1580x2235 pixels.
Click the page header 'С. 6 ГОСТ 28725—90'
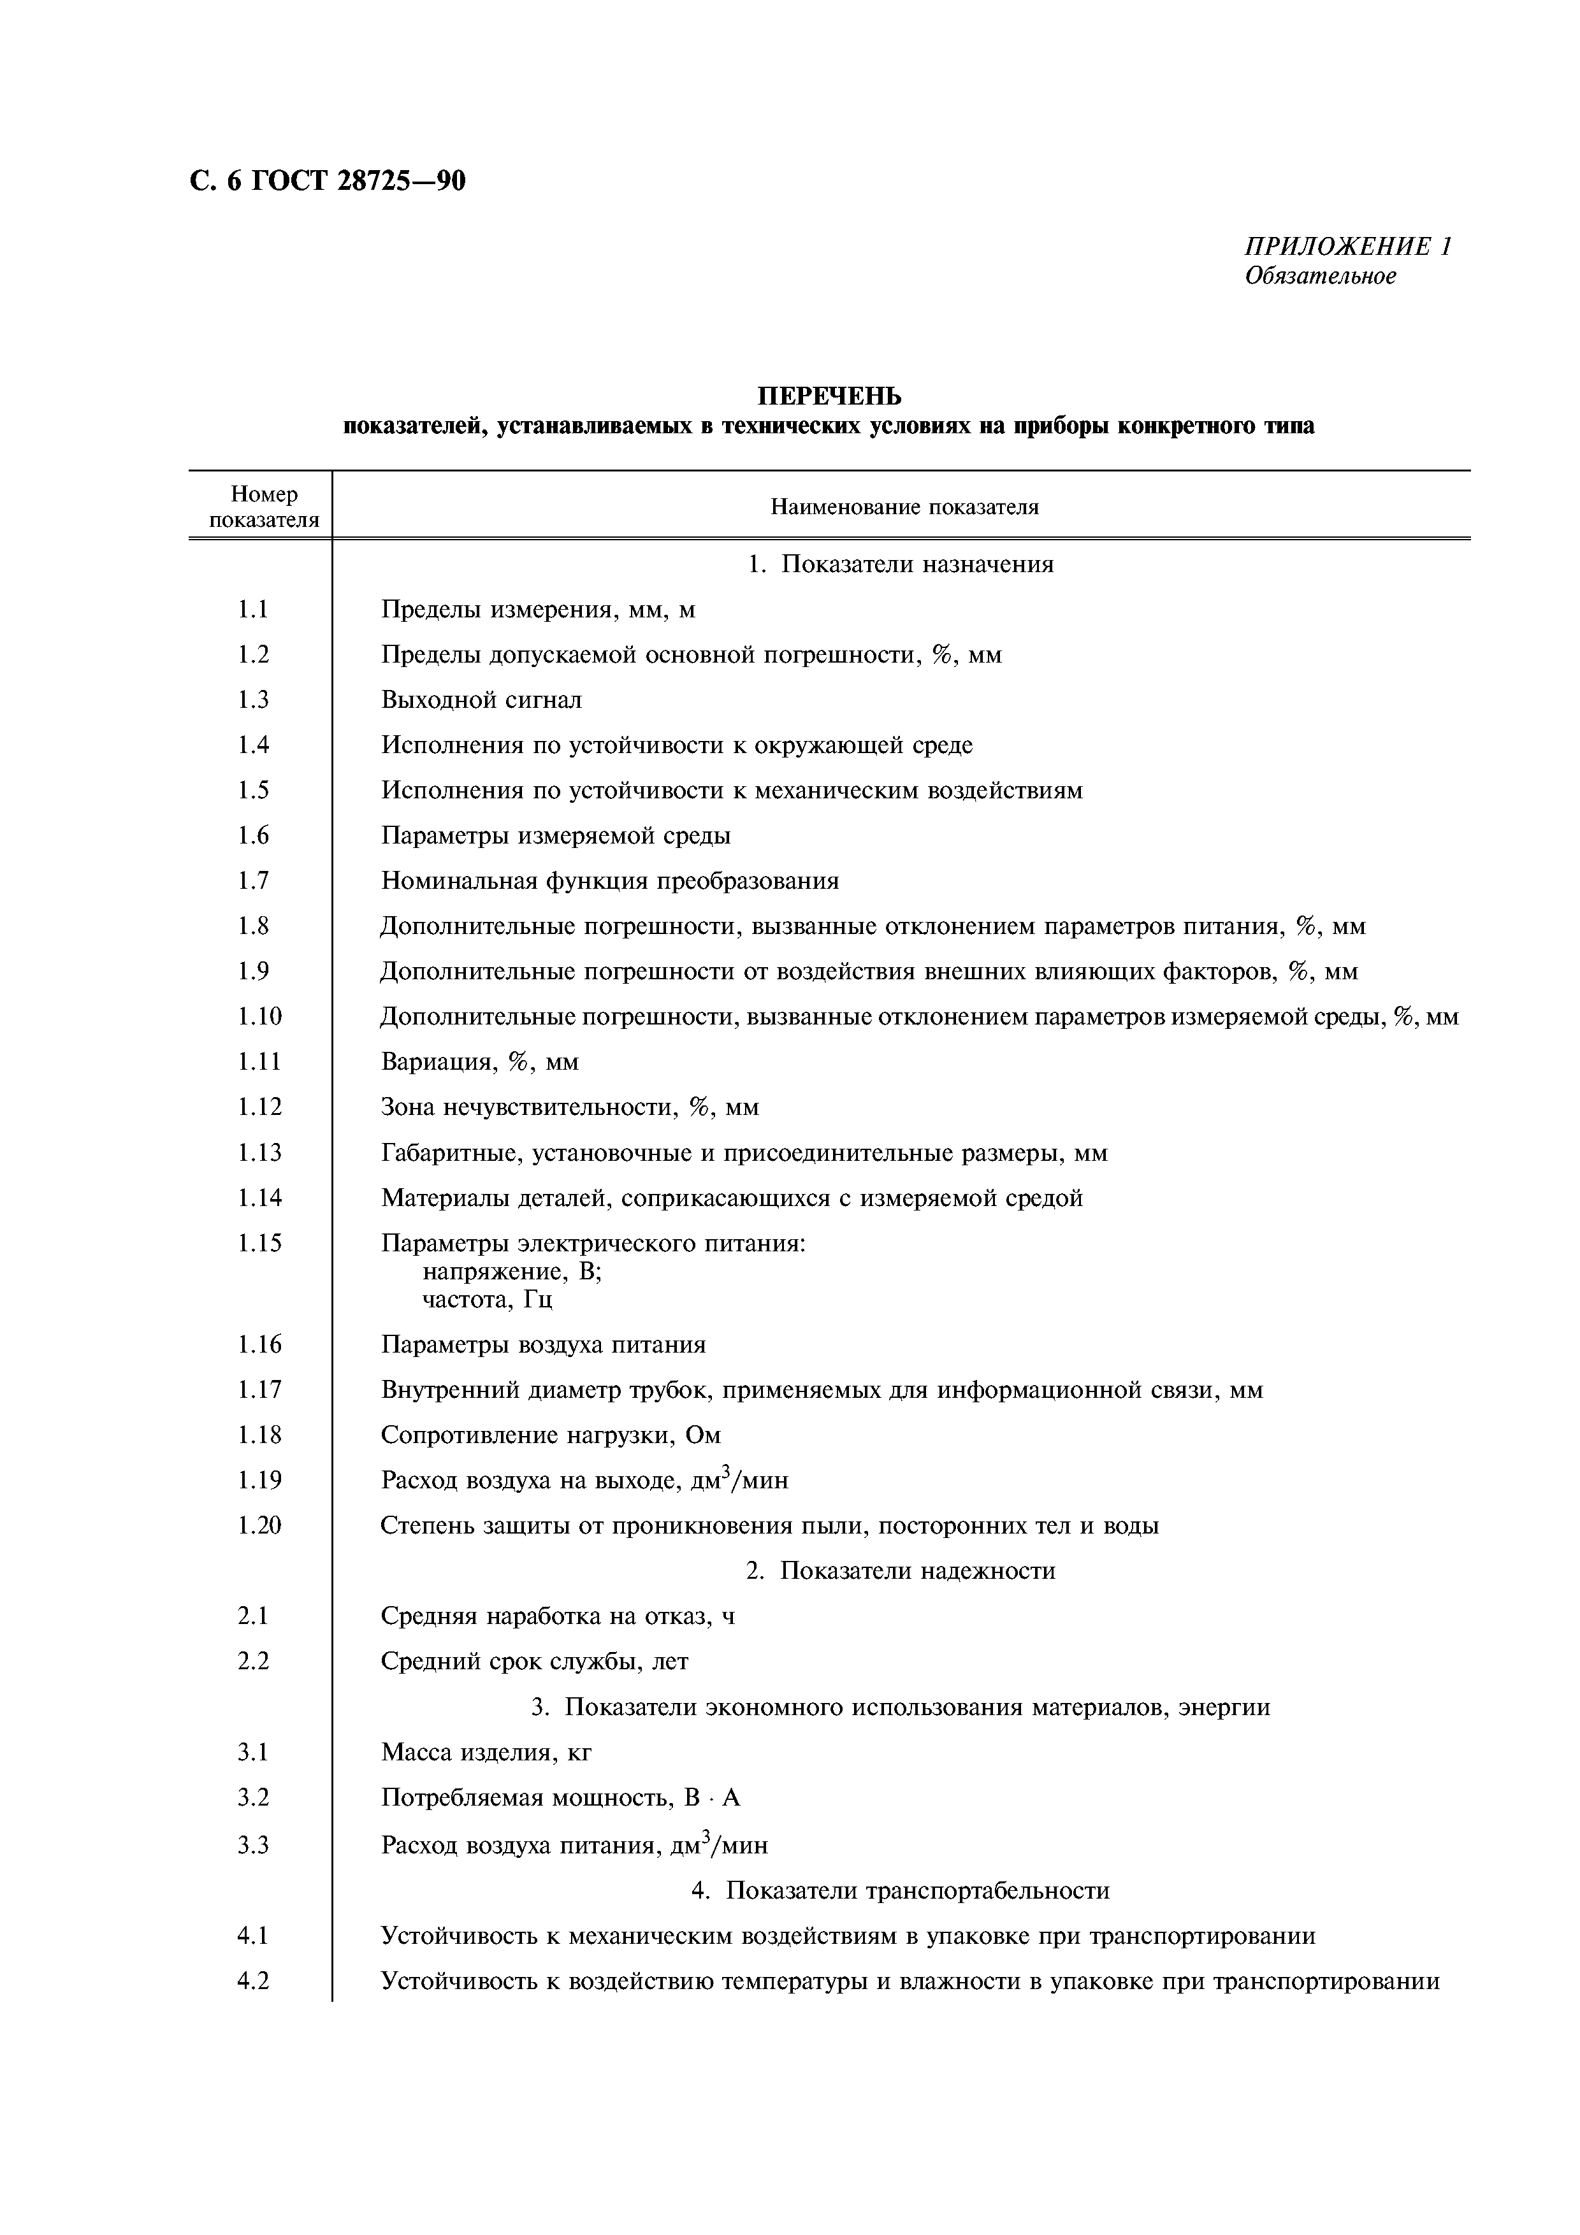click(x=327, y=181)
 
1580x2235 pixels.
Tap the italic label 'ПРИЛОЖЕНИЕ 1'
click(x=1347, y=247)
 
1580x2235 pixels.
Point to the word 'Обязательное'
click(x=1320, y=277)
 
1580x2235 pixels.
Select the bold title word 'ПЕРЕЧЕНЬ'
click(x=829, y=396)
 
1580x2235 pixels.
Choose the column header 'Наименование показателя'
click(x=904, y=507)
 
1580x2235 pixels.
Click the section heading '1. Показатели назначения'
click(x=901, y=564)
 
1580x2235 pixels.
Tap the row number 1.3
click(x=253, y=700)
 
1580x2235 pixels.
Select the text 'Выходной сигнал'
click(x=481, y=700)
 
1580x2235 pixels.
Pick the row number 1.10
click(x=259, y=1016)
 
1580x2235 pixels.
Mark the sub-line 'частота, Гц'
click(x=488, y=1300)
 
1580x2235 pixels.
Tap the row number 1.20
click(x=259, y=1525)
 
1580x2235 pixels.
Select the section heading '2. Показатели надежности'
click(x=901, y=1571)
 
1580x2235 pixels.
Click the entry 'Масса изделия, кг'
click(x=486, y=1752)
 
